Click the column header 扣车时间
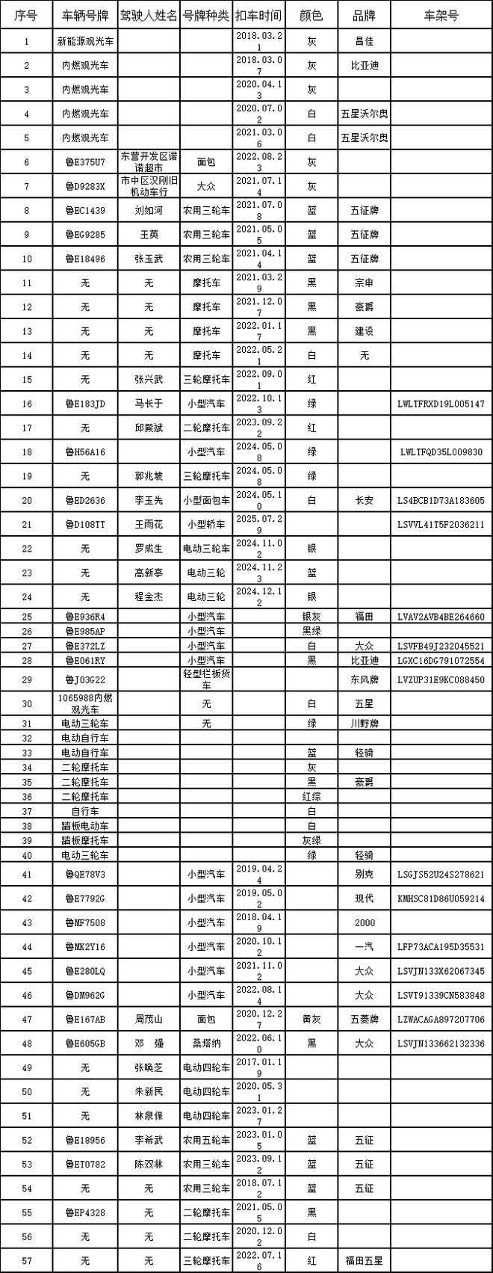point(258,16)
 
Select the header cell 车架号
point(441,16)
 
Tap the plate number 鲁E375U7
point(85,162)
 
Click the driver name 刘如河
point(149,210)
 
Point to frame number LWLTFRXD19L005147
point(441,404)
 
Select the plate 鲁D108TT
point(85,525)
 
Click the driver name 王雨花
point(149,525)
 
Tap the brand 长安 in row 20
point(364,501)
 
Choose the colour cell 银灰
point(311,617)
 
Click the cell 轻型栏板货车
point(206,679)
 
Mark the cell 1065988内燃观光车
point(85,703)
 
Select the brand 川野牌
point(364,724)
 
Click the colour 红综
point(311,797)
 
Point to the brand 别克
point(364,874)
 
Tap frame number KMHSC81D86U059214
point(441,899)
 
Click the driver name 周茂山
point(149,1019)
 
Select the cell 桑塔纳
point(206,1044)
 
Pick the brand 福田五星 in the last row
point(364,1260)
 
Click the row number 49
point(27,1067)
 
